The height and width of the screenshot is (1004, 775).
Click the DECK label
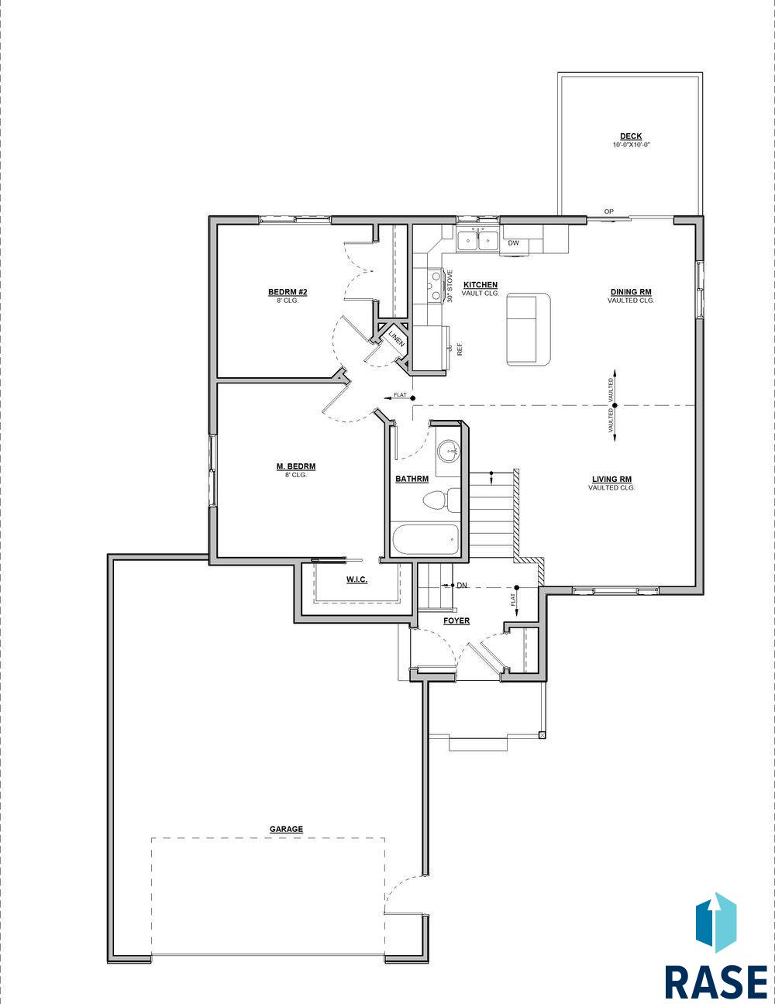click(631, 136)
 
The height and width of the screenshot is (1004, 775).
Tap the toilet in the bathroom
click(441, 500)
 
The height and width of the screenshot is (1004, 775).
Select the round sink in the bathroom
click(448, 451)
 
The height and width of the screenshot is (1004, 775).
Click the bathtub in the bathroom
click(425, 540)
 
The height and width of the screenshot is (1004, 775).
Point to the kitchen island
click(529, 329)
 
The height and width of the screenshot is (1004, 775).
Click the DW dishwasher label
click(513, 243)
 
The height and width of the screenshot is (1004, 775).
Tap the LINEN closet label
click(397, 339)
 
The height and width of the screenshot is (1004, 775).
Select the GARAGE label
click(287, 829)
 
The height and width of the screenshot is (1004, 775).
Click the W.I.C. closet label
click(356, 579)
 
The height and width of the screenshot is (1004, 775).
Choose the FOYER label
click(456, 621)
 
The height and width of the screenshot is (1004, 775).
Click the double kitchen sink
click(477, 240)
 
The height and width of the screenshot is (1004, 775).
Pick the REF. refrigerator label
click(460, 349)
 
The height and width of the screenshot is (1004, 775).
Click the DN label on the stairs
click(462, 586)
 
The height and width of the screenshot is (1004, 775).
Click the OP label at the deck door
click(608, 211)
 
